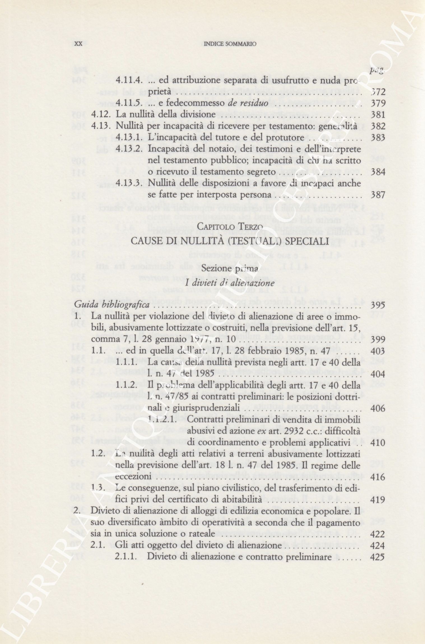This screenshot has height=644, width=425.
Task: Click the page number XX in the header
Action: [x=78, y=44]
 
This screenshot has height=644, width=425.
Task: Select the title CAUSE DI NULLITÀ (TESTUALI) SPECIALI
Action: [x=230, y=241]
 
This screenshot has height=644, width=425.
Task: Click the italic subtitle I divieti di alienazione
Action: [x=230, y=283]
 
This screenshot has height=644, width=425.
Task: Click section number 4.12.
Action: [x=102, y=115]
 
